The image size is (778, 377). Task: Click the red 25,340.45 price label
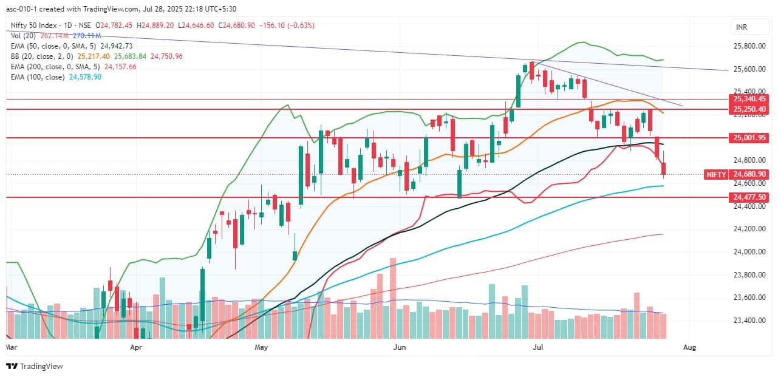[x=749, y=99]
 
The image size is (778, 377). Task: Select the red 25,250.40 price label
[x=749, y=109]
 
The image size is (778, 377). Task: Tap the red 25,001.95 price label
[x=749, y=138]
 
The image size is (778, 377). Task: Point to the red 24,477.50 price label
[x=749, y=197]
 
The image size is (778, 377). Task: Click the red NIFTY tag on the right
[x=716, y=174]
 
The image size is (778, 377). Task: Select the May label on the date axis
[x=261, y=348]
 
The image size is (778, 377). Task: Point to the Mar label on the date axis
[x=11, y=348]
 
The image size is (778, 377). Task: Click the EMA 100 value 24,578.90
[x=84, y=77]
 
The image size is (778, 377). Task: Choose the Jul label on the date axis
[x=537, y=348]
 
